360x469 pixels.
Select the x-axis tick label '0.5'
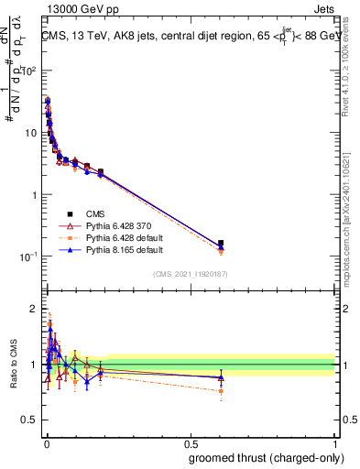(x=191, y=443)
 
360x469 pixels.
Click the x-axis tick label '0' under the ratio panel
(x=46, y=443)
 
